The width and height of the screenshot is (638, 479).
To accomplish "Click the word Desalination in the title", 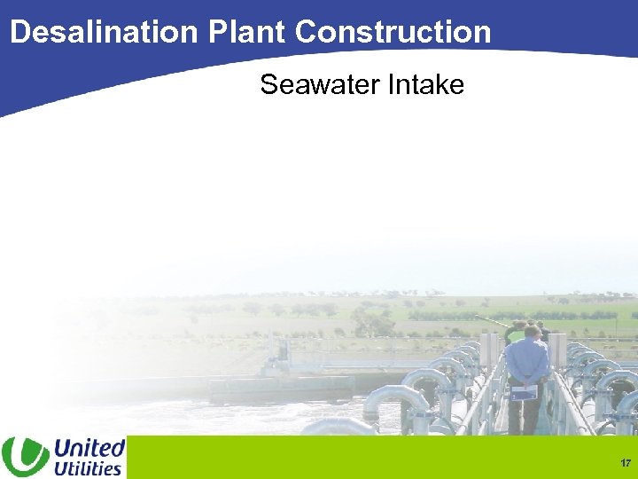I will (105, 32).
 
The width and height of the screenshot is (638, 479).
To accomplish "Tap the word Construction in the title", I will (393, 32).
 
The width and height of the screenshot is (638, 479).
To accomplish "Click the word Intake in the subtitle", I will (426, 85).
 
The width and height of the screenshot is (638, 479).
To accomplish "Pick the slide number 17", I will (626, 463).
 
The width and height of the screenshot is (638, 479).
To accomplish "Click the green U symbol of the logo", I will (25, 457).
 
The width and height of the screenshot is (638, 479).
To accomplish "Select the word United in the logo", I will (89, 447).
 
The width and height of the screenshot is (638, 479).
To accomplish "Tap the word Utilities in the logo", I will (88, 467).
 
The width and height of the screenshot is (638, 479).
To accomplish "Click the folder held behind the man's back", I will (525, 391).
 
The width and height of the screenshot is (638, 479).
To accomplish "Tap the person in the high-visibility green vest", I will (514, 335).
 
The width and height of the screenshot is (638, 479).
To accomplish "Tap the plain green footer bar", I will (372, 458).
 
